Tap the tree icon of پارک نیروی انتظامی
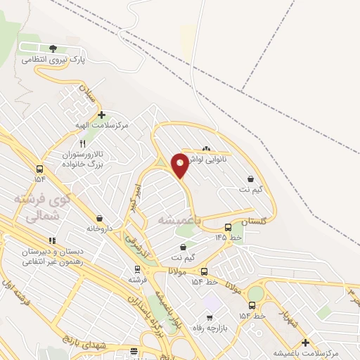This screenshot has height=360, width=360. tap(53, 49)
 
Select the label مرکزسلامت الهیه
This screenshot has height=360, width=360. tap(103, 125)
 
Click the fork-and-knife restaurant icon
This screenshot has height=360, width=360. tap(82, 143)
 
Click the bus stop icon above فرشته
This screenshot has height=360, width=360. tap(137, 269)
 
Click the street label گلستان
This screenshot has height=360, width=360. tap(255, 221)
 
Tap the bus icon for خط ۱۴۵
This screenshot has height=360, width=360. tap(228, 227)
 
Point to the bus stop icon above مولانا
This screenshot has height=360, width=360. tap(204, 271)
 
